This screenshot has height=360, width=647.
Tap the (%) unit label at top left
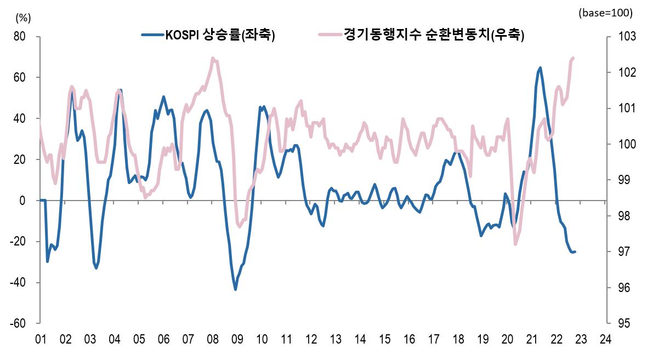pyautogui.click(x=24, y=17)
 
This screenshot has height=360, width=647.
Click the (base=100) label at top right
pyautogui.click(x=605, y=13)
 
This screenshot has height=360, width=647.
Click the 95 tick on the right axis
pyautogui.click(x=623, y=323)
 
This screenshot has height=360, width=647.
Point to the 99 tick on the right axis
pyautogui.click(x=623, y=180)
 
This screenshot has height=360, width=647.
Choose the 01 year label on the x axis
pyautogui.click(x=40, y=340)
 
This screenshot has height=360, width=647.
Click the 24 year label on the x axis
pyautogui.click(x=606, y=340)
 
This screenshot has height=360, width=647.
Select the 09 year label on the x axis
pyautogui.click(x=237, y=340)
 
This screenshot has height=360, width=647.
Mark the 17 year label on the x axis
pyautogui.click(x=434, y=340)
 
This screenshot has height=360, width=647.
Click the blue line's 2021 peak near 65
pyautogui.click(x=540, y=68)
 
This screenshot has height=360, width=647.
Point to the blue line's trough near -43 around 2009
pyautogui.click(x=236, y=289)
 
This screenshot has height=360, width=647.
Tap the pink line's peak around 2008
pyautogui.click(x=213, y=58)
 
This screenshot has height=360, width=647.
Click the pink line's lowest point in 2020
pyautogui.click(x=515, y=244)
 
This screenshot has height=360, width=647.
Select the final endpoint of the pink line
pyautogui.click(x=573, y=58)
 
